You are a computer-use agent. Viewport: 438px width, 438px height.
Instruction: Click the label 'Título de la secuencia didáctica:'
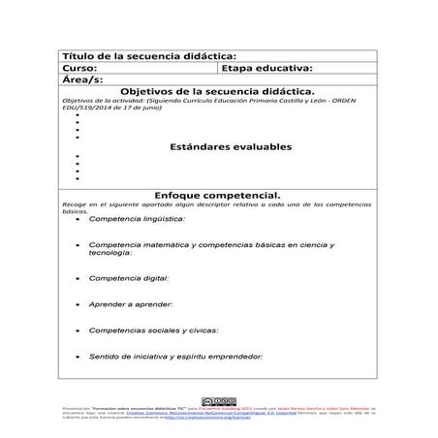147,57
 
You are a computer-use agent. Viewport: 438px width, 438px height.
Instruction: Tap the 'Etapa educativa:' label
266,70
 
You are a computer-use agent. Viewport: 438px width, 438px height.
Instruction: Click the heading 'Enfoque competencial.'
218,195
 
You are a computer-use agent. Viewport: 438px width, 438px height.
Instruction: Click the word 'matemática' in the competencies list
181,245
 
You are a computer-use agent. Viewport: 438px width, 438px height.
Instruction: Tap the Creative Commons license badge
218,402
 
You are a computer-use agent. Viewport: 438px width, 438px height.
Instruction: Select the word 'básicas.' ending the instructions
74,211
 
